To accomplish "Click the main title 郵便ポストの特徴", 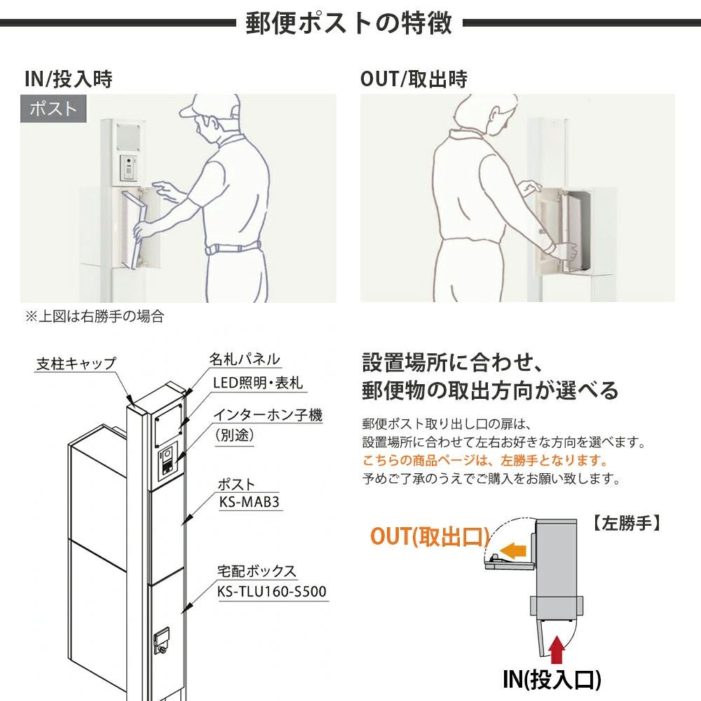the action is tap(349, 23).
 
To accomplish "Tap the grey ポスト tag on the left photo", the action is tap(53, 109).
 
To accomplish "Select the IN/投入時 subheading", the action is tap(69, 79).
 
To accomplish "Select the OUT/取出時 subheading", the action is tap(414, 79).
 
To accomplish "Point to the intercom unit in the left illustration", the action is tap(129, 168).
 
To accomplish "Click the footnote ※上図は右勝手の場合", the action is tap(95, 317).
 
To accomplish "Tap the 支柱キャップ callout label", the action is tap(76, 364).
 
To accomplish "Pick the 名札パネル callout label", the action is tap(245, 359).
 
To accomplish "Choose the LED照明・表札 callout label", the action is tap(258, 383).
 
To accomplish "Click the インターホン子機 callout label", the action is tap(267, 415).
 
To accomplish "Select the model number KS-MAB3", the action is tap(250, 502).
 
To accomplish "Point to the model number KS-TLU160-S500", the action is tap(272, 592).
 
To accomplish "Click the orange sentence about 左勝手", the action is tap(485, 461).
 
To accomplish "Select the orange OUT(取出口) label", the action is tap(430, 536).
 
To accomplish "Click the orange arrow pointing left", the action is tap(513, 550).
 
